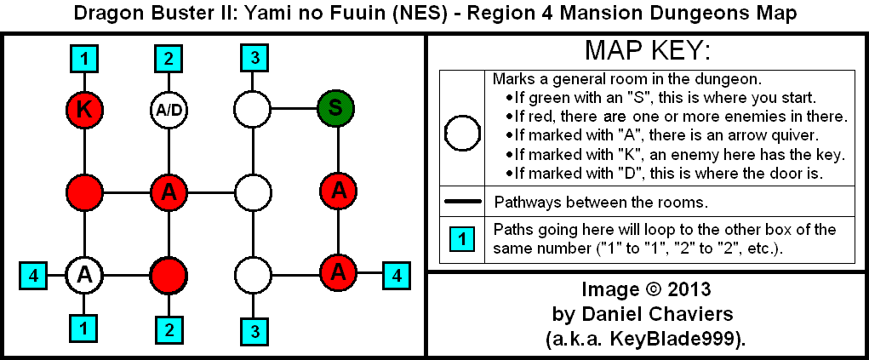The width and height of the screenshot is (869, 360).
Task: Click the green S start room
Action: click(335, 108)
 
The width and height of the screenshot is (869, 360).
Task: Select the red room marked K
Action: click(84, 108)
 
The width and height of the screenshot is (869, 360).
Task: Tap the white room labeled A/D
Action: click(168, 108)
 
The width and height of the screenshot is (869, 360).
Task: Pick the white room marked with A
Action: click(84, 274)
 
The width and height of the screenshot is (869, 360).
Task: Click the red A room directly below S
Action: click(338, 191)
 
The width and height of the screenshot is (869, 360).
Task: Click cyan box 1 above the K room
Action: click(84, 59)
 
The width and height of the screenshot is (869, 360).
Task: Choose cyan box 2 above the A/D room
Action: click(168, 59)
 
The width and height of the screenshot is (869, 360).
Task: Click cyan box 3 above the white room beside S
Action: click(253, 59)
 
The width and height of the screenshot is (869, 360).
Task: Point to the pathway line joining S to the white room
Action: click(294, 108)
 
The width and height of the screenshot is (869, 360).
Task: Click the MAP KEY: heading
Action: click(646, 50)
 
